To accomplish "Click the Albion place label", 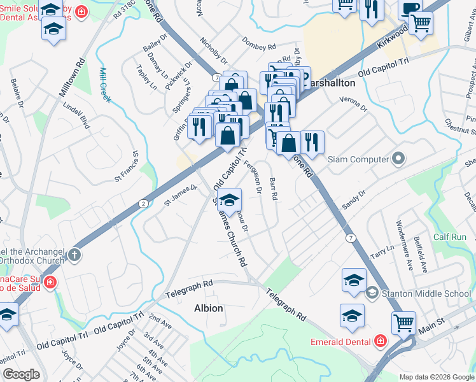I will coord(208,308).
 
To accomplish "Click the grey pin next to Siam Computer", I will coord(398,159).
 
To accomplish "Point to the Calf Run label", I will coord(450,237).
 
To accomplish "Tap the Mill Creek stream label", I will coord(105,85).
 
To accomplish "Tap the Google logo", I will coord(21,374).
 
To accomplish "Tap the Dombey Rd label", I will coord(258,45).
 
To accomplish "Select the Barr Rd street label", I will coord(274,188).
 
